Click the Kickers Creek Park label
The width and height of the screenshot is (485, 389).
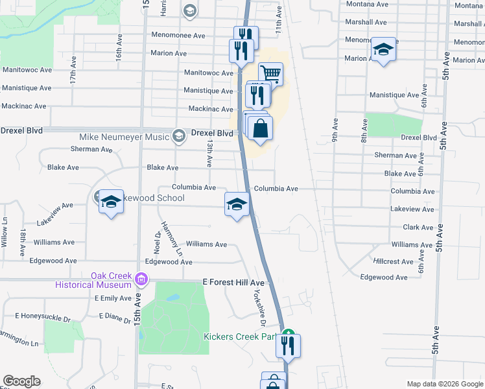240,336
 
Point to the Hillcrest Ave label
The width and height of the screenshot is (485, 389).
394,262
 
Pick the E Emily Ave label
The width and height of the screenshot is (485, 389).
113,298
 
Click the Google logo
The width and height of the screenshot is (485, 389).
21,381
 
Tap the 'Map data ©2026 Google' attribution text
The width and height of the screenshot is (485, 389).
444,384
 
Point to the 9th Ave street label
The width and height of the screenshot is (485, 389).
335,129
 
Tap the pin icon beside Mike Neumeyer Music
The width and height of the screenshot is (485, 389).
179,136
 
